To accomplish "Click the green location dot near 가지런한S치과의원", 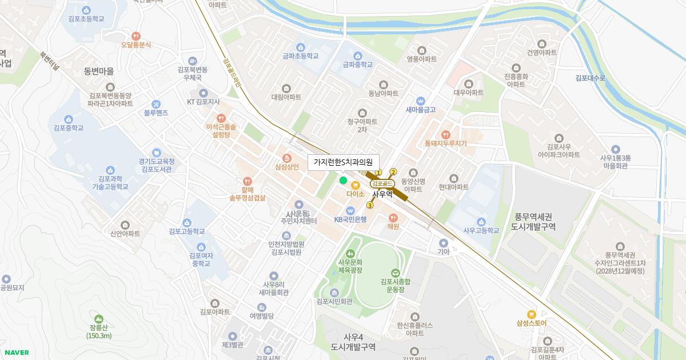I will (x=343, y=181).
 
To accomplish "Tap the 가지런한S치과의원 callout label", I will (x=343, y=162).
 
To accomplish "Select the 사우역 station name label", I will (x=382, y=194).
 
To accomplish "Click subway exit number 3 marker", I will (x=370, y=206).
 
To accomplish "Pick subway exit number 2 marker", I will (x=393, y=172).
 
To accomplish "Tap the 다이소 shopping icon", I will (x=355, y=185).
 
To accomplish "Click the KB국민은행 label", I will (x=350, y=219).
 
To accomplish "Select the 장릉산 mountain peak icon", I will (x=99, y=318).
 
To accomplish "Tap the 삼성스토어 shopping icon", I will (x=531, y=314).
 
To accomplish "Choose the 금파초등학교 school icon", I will (x=300, y=47).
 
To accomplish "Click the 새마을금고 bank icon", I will (x=421, y=100).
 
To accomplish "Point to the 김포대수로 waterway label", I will (x=590, y=78).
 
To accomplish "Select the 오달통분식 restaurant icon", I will (x=136, y=35).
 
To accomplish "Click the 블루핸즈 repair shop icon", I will (x=156, y=103).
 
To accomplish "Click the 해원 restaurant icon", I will (x=393, y=217).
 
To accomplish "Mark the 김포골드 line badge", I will (x=382, y=183).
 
